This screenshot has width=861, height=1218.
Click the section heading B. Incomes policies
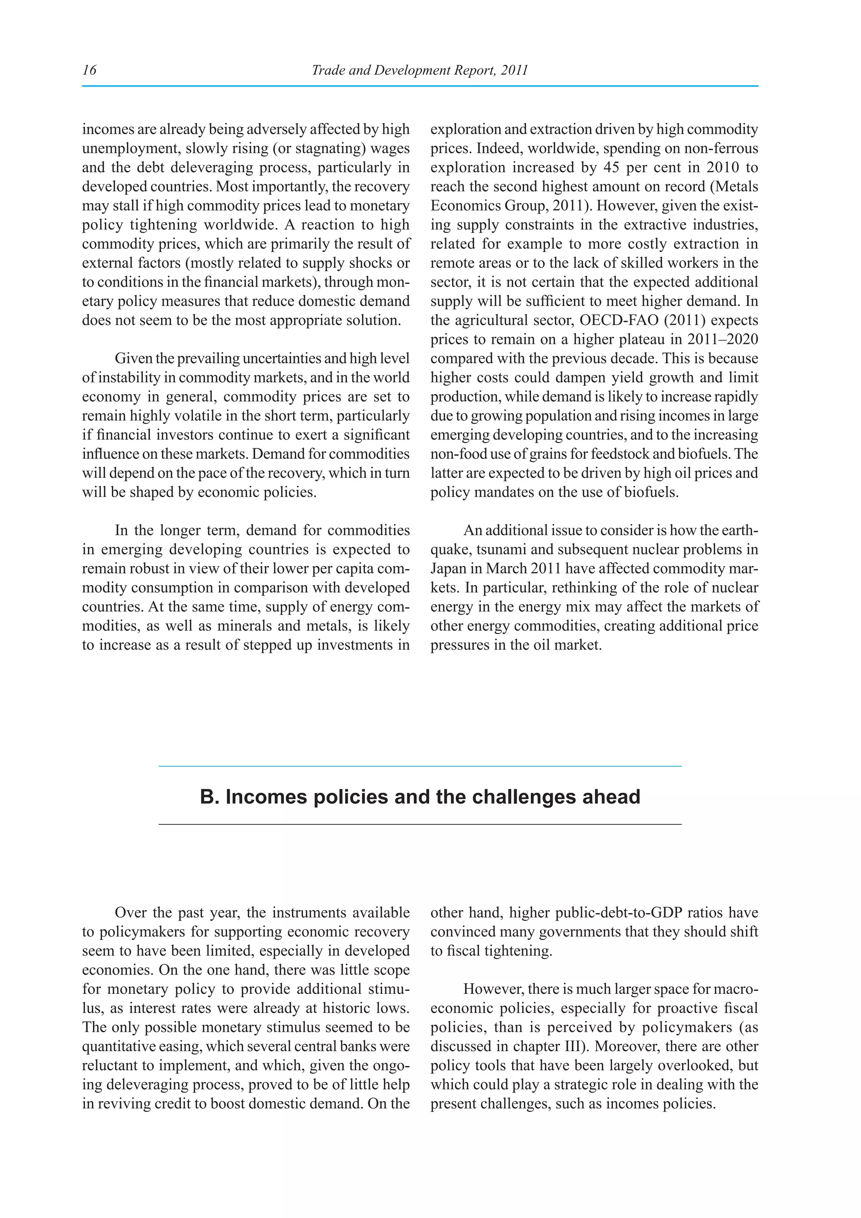[x=420, y=797]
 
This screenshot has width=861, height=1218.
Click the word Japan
[x=448, y=569]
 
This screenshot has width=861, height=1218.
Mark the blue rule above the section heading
[x=420, y=766]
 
